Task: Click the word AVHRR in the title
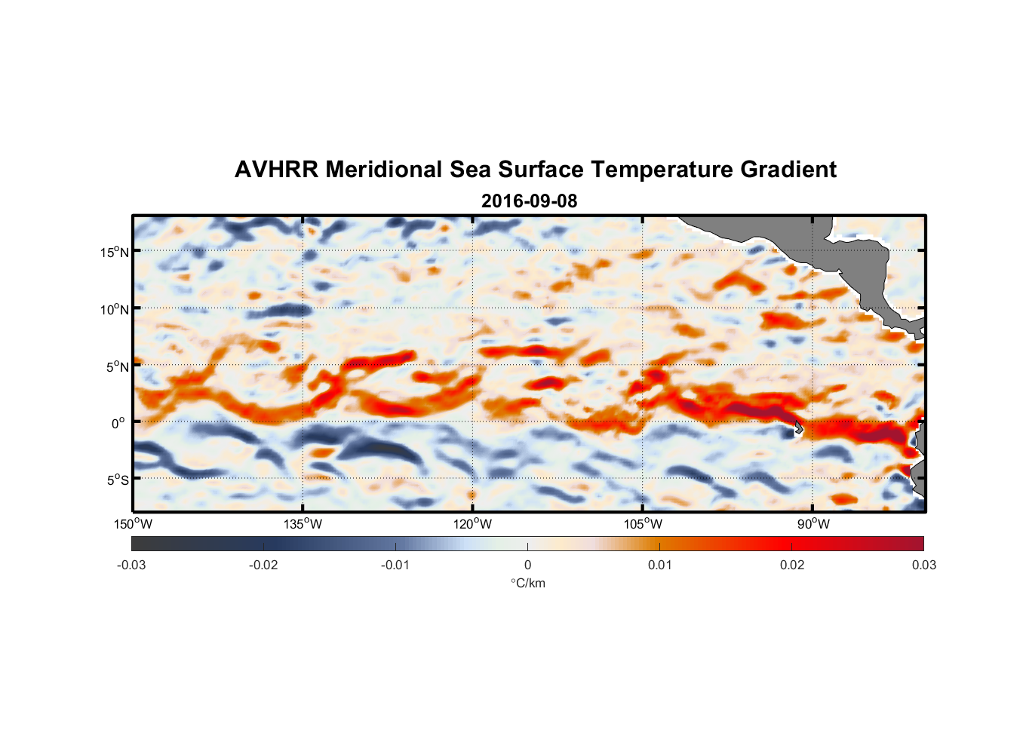click(x=276, y=170)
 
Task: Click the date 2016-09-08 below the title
click(x=529, y=201)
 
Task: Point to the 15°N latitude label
click(x=114, y=252)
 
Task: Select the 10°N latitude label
click(x=114, y=309)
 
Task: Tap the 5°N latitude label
click(x=117, y=366)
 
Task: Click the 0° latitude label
click(x=118, y=424)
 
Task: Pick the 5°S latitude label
click(x=117, y=480)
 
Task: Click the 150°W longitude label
click(x=133, y=524)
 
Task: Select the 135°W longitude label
click(x=303, y=524)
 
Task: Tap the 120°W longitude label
click(x=472, y=524)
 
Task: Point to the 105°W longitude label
click(x=642, y=524)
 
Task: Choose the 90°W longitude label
click(x=813, y=524)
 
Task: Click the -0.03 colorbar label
click(x=131, y=565)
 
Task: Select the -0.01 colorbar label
click(x=395, y=565)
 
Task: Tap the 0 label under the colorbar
click(x=527, y=565)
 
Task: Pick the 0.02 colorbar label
click(x=791, y=565)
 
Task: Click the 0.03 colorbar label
click(x=923, y=565)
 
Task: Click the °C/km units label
click(x=527, y=583)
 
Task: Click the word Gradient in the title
click(x=788, y=170)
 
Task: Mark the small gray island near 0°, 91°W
click(x=797, y=428)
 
